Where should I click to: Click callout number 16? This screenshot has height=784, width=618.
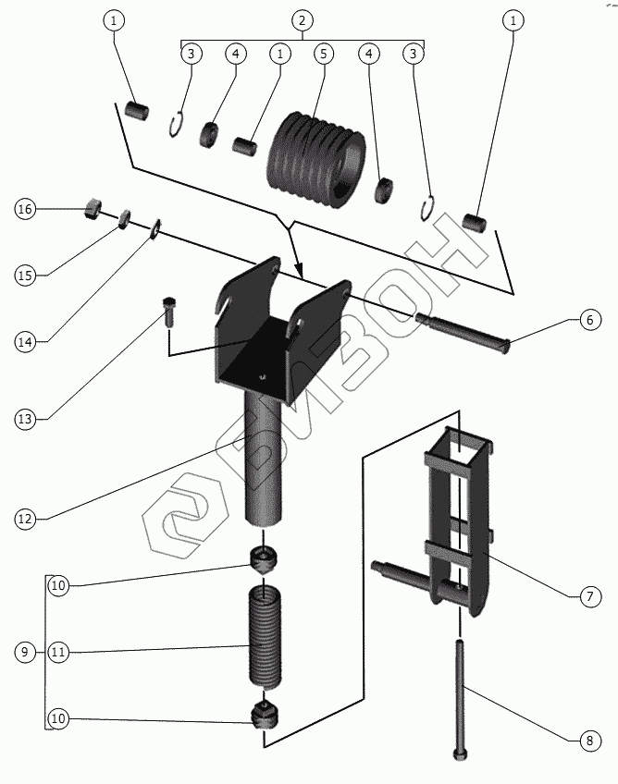25,210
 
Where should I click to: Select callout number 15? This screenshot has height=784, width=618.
25,276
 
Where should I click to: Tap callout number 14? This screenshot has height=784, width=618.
25,342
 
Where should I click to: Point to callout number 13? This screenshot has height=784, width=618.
25,419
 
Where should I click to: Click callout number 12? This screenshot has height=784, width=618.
25,520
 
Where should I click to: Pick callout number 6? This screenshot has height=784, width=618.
589,321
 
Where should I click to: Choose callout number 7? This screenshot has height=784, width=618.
589,597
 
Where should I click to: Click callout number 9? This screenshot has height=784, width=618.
25,653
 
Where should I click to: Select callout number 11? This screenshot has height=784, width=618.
58,653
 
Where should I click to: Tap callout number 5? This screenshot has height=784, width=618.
323,53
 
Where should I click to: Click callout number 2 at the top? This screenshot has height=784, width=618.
302,19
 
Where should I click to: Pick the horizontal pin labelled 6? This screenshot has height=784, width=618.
463,333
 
